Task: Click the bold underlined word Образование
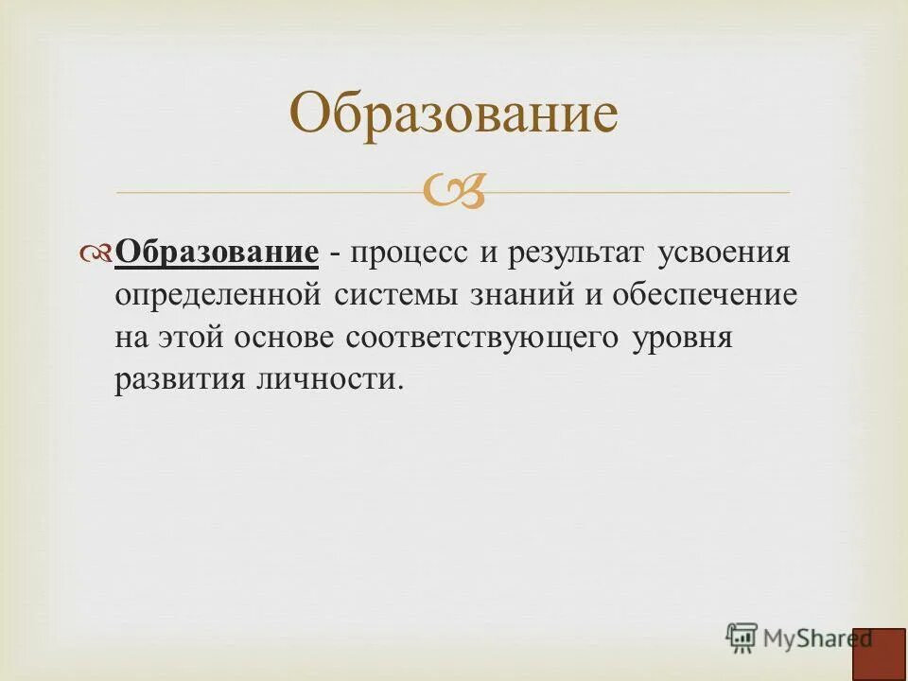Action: click(217, 254)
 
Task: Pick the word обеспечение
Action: click(705, 296)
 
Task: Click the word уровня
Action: click(681, 338)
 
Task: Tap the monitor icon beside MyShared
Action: click(742, 637)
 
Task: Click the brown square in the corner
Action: click(879, 654)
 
